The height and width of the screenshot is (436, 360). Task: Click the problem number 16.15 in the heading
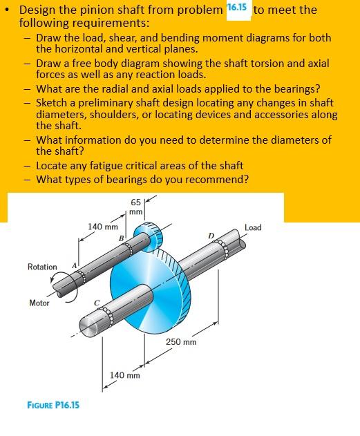237,7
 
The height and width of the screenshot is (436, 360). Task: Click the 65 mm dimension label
136,207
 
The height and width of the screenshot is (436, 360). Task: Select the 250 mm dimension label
181,342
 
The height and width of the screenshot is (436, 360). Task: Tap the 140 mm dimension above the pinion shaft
103,227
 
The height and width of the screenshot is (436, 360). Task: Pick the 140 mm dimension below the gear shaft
125,375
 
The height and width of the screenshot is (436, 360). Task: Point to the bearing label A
74,265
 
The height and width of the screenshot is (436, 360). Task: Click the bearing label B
121,238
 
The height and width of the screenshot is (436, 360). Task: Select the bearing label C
97,303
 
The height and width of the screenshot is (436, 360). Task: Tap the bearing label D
211,236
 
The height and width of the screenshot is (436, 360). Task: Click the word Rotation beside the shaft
42,267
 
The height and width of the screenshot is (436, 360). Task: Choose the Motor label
39,303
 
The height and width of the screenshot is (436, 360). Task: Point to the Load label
253,228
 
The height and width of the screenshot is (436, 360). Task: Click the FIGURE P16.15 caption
53,405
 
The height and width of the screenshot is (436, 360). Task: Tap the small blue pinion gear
149,236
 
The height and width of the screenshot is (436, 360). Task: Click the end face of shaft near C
87,325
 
